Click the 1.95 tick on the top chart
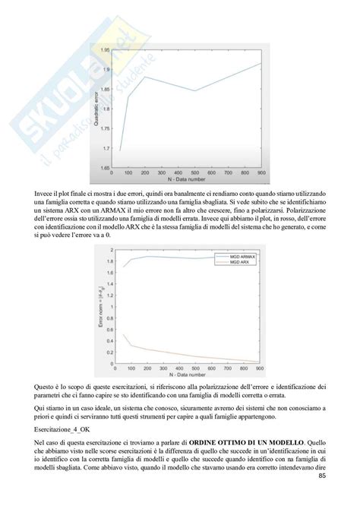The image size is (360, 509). coord(114,49)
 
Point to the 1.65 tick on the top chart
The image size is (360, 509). coord(114,167)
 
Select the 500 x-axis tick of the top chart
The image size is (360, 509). coord(194,173)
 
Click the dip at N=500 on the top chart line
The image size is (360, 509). coord(194,91)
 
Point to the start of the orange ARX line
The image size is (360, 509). coord(123,334)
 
